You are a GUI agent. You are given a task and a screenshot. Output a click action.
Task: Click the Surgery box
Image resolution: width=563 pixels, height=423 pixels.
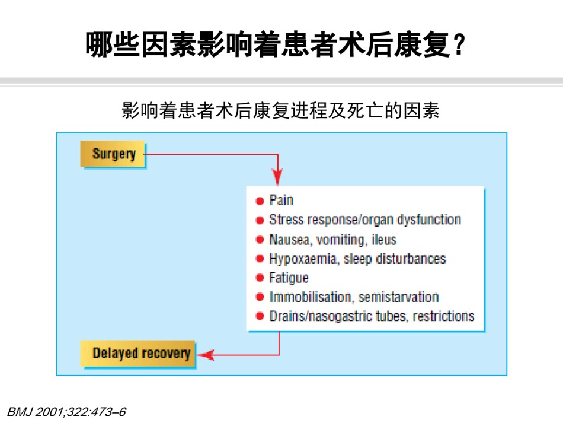pos(113,154)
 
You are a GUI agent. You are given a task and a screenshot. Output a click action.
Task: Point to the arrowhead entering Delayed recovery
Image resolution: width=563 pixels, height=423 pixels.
pos(206,355)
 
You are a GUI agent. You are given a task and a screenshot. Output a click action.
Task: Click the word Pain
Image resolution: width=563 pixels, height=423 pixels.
pos(281,200)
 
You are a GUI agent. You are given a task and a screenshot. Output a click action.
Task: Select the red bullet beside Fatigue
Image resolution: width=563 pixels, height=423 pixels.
pos(260,278)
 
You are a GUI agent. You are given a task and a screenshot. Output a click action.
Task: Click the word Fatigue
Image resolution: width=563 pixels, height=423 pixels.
pos(289,278)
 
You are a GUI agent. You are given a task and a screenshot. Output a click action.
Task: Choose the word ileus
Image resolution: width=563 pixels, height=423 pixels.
pos(384,240)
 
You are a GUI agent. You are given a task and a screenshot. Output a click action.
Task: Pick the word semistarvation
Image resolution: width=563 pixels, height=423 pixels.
pos(399,297)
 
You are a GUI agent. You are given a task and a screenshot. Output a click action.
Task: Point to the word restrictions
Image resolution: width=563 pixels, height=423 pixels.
pos(443,316)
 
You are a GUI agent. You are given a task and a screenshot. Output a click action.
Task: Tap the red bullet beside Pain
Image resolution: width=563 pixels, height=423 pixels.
pos(260,201)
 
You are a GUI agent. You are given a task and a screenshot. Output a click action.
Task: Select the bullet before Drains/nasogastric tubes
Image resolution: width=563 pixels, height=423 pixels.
pos(260,316)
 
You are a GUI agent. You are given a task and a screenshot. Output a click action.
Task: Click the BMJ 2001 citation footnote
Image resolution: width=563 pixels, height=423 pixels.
pos(66,412)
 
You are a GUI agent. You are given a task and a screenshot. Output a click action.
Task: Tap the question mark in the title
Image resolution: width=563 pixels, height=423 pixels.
pos(459,44)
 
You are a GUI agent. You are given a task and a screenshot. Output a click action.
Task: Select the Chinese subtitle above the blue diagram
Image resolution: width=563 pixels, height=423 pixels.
pos(280,110)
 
